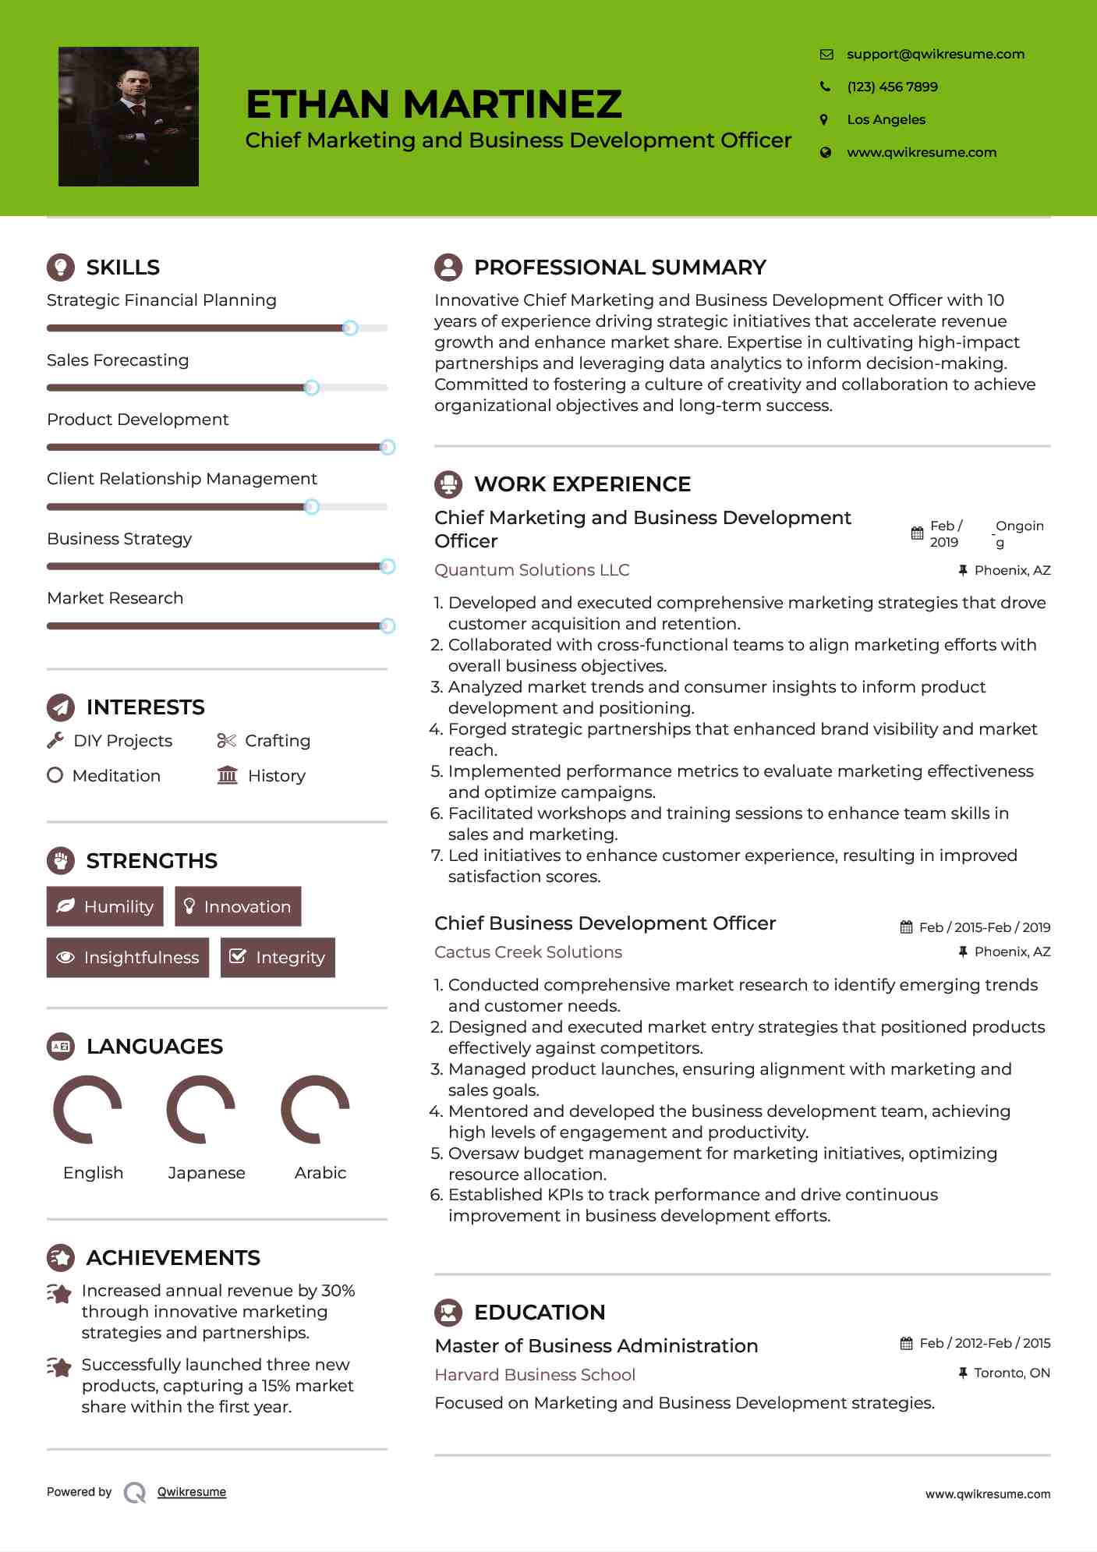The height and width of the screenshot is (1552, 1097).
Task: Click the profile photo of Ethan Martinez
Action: [x=129, y=116]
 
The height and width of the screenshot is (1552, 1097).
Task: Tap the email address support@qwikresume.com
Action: [x=935, y=54]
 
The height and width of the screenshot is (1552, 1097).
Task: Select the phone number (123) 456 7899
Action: [x=892, y=87]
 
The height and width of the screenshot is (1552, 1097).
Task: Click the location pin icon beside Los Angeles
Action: [x=824, y=119]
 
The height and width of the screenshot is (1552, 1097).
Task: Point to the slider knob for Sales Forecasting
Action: [x=311, y=388]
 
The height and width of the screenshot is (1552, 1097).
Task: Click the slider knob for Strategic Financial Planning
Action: [x=350, y=328]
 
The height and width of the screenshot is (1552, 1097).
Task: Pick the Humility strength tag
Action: [x=105, y=906]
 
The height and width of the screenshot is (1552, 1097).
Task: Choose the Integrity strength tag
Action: [x=278, y=957]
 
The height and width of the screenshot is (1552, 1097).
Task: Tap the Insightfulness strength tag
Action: [x=128, y=957]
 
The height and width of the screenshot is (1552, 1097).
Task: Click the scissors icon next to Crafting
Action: [x=226, y=740]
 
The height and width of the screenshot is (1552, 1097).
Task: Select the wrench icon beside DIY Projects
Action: [x=55, y=740]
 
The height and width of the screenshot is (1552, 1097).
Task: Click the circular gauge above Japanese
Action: [x=201, y=1109]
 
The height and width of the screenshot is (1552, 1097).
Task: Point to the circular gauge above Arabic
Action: [x=315, y=1109]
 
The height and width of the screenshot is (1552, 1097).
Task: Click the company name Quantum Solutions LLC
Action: [x=532, y=570]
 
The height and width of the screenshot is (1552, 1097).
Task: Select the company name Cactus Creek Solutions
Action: [x=528, y=951]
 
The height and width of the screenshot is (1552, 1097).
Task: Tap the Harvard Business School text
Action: [x=535, y=1374]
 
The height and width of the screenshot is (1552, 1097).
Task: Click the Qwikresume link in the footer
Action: [x=192, y=1492]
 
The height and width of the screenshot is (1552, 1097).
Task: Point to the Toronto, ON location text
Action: [x=1011, y=1373]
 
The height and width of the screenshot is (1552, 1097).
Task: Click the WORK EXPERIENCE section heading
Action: [x=582, y=484]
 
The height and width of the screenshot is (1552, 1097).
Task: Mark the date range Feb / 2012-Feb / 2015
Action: [x=984, y=1343]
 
